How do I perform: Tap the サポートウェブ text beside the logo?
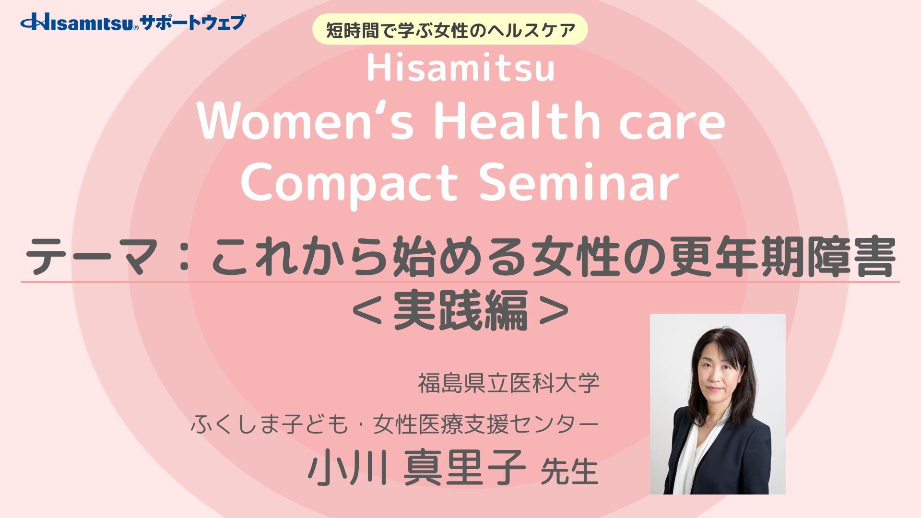point(193,22)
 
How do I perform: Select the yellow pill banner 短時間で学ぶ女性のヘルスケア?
point(450,30)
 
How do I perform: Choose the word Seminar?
point(579,183)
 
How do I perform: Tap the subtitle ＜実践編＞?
point(460,310)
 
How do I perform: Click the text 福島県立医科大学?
point(508,384)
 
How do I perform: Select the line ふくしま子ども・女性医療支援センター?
point(395,424)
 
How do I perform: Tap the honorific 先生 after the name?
point(569,471)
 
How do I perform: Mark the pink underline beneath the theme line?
point(460,282)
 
